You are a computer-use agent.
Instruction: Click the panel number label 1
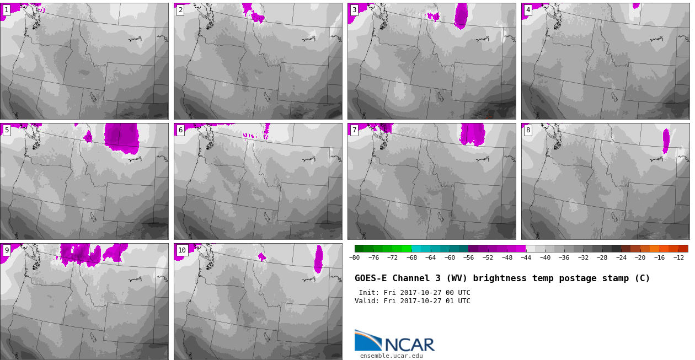pos(7,10)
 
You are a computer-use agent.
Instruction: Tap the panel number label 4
pos(528,10)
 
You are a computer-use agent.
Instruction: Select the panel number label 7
pos(354,131)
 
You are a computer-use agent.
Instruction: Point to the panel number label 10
pos(182,250)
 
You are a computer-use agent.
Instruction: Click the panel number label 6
pos(180,131)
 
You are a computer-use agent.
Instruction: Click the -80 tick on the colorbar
pos(354,257)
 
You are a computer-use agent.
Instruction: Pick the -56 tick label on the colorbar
pos(468,257)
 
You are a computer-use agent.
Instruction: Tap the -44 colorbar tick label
pos(526,257)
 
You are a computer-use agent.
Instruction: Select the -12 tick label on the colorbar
pos(678,257)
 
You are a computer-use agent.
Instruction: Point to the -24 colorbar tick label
pos(621,257)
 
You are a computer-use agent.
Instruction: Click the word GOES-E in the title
pos(371,278)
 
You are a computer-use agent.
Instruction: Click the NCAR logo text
pos(410,345)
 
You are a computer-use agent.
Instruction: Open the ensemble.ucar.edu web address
pos(392,356)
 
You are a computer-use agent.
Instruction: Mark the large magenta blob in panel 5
pos(121,138)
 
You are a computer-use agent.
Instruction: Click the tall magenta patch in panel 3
pos(461,16)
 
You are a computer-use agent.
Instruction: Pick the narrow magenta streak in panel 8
pos(666,141)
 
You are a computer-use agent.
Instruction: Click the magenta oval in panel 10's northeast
pos(319,259)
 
